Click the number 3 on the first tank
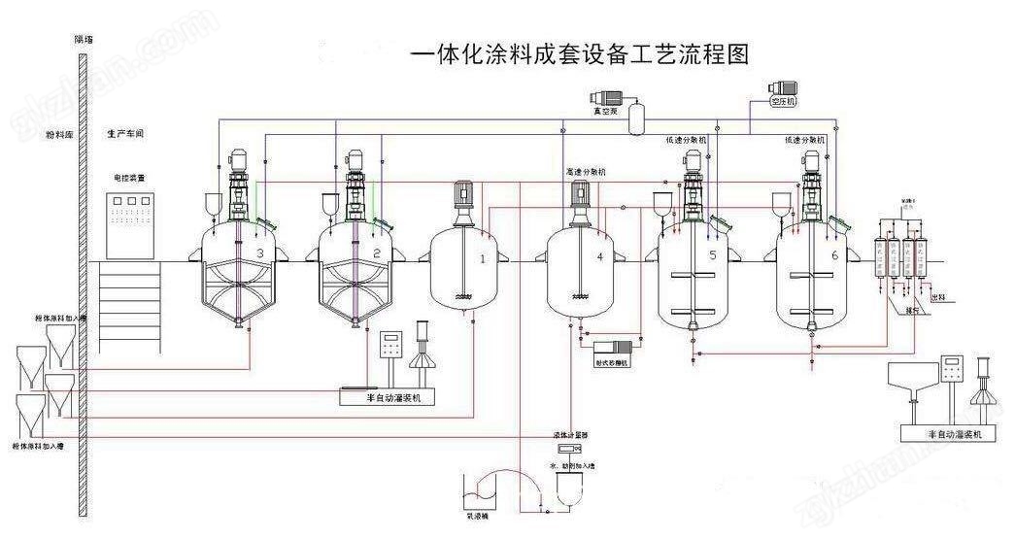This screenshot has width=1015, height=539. (259, 253)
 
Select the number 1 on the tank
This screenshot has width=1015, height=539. (483, 257)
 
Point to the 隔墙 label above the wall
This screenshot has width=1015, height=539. (85, 40)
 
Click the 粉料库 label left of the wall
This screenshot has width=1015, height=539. (59, 134)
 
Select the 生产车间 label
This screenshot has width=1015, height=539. (125, 134)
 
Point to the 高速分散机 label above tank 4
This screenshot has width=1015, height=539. (586, 172)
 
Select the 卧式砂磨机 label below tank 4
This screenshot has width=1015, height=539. (612, 363)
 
